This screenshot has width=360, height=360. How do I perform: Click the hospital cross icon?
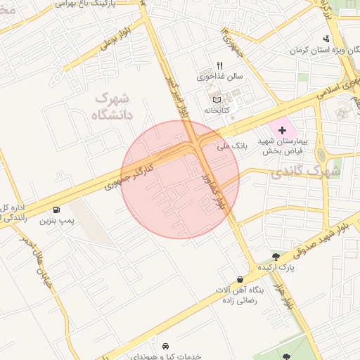coord(283,130)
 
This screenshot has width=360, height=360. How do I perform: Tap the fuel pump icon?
coord(56,210)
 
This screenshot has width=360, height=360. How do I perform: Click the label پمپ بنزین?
coord(56,221)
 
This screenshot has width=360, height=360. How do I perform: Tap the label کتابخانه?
coord(217,110)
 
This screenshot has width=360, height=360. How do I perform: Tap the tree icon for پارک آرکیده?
coord(276,257)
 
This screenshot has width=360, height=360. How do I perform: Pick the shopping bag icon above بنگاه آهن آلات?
coord(240,279)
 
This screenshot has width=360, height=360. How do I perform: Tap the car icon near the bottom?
coord(165,346)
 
